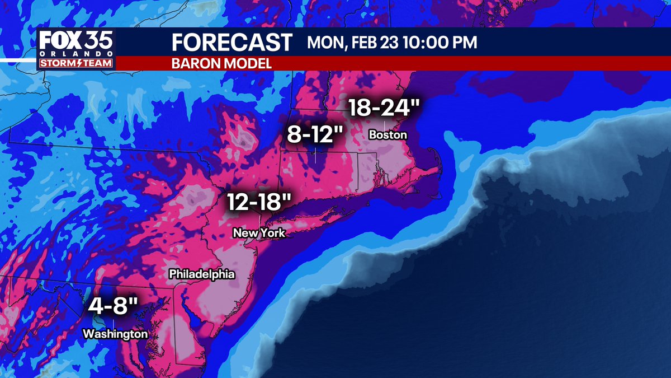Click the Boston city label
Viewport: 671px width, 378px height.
click(x=388, y=136)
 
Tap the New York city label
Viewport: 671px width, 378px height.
click(x=259, y=233)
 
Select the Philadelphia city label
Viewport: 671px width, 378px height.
click(x=201, y=274)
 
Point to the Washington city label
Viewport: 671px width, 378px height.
click(x=115, y=334)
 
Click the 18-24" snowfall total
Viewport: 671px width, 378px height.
click(x=384, y=108)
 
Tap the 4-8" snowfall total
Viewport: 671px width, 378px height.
click(x=113, y=308)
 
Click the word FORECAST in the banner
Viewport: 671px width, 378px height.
click(x=231, y=43)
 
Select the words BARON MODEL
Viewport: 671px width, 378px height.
click(x=221, y=63)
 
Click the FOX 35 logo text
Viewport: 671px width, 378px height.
click(x=76, y=41)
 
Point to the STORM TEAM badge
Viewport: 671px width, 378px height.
click(x=76, y=63)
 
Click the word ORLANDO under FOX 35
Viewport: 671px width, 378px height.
click(x=76, y=54)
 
